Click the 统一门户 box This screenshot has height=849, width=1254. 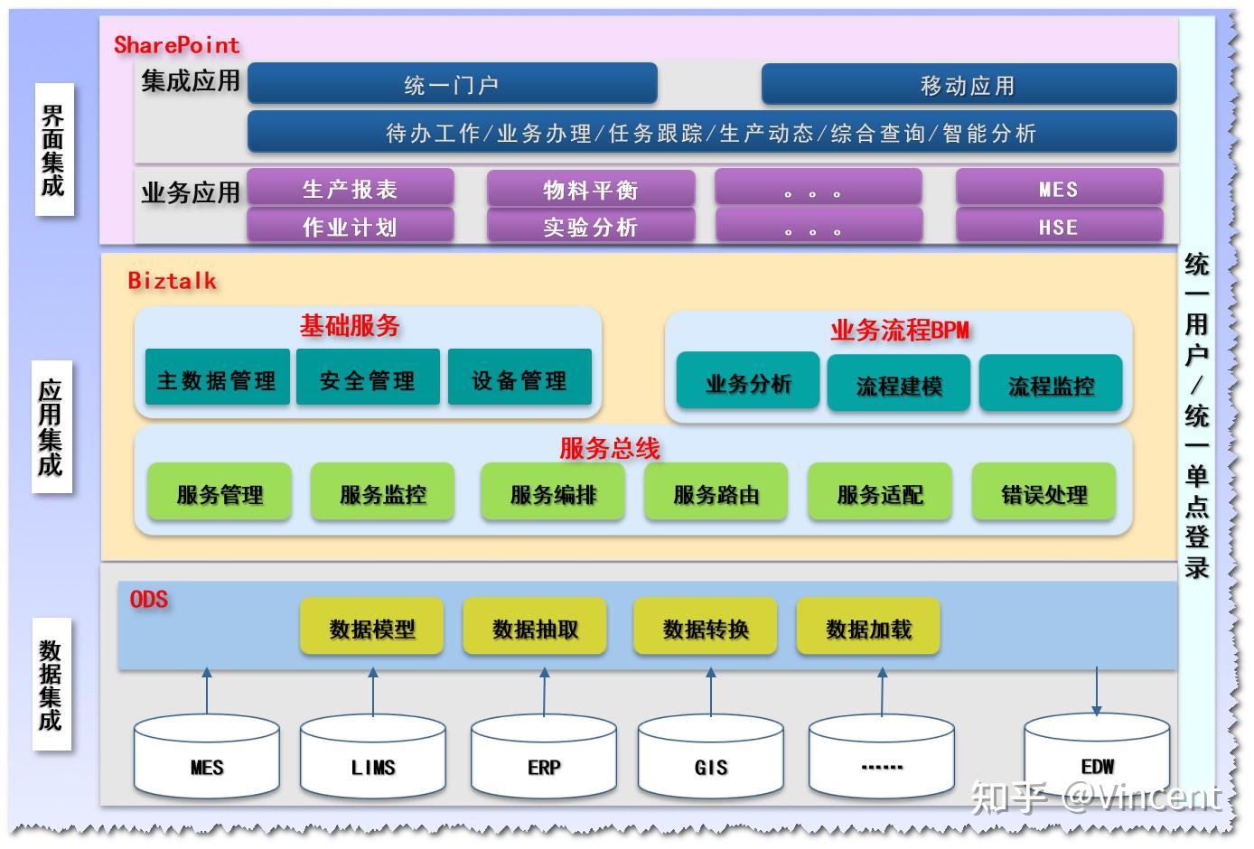pos(452,84)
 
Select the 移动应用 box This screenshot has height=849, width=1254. pos(969,84)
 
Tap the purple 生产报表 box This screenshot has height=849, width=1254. pos(350,189)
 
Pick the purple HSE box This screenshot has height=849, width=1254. pos(1058,227)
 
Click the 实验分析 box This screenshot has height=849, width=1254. pos(591,227)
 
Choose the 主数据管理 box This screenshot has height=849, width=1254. pos(217,379)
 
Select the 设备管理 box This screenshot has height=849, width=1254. pos(519,379)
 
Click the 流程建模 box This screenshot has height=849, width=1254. pos(899,385)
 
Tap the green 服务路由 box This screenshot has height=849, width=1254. pos(716,494)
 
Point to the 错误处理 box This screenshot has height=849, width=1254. pos(1043,494)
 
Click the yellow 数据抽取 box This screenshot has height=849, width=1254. pos(535,628)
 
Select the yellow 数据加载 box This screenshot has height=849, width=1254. pos(868,628)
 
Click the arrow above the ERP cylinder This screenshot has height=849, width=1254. pos(544,691)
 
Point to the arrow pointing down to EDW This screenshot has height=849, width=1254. pos(1096,691)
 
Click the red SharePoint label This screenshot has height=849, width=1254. pos(176,44)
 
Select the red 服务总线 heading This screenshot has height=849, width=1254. pos(610,447)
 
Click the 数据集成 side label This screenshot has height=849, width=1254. pos(51,684)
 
